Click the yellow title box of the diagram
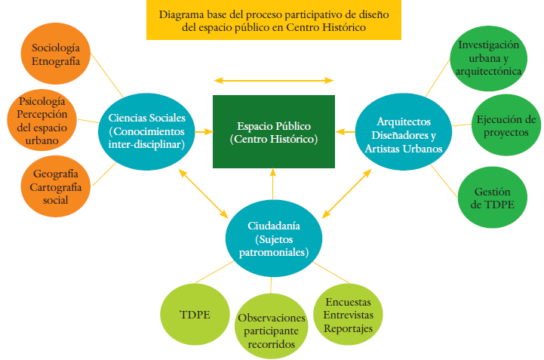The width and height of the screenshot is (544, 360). (x=273, y=20)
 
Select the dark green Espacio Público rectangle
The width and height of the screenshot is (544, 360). (x=274, y=132)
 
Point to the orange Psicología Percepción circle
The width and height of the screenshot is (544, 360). (x=42, y=119)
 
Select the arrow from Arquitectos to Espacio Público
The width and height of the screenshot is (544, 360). (x=346, y=132)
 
